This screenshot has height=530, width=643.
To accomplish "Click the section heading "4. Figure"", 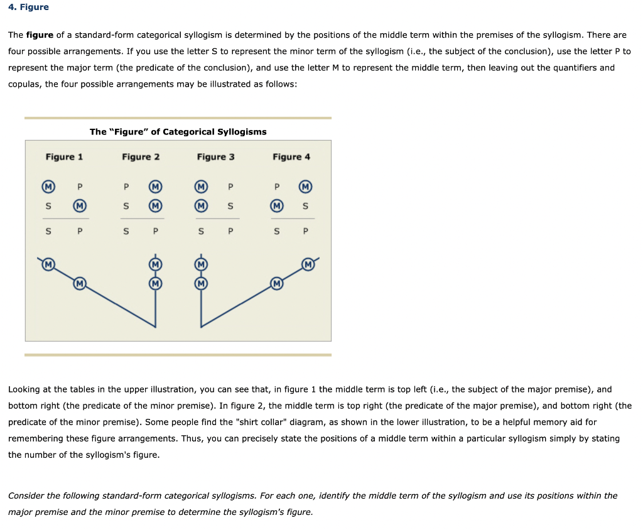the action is click(28, 8).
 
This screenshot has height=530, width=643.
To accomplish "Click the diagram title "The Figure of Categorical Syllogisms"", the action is click(178, 132).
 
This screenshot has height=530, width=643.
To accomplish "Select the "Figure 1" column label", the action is click(64, 157).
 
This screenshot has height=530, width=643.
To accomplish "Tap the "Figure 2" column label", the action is click(141, 157).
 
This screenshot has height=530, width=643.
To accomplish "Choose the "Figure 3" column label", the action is click(215, 157).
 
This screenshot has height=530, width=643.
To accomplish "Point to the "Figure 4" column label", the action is click(291, 157).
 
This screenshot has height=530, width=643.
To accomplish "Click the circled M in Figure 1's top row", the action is click(48, 187).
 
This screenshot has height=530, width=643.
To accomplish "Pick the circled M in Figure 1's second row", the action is click(79, 205).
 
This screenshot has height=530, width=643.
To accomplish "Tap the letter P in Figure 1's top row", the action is click(80, 187).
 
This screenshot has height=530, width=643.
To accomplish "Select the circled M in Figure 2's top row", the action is click(154, 187).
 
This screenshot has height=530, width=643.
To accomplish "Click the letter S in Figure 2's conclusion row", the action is click(126, 231).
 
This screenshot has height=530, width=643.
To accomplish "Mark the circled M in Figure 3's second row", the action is click(201, 205).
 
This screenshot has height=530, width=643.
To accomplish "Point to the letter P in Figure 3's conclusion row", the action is click(230, 231).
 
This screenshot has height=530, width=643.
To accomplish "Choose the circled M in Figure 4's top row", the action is click(306, 187).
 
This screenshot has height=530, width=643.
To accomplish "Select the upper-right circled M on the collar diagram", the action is click(308, 264).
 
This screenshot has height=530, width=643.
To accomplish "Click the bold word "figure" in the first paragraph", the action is click(40, 35).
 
